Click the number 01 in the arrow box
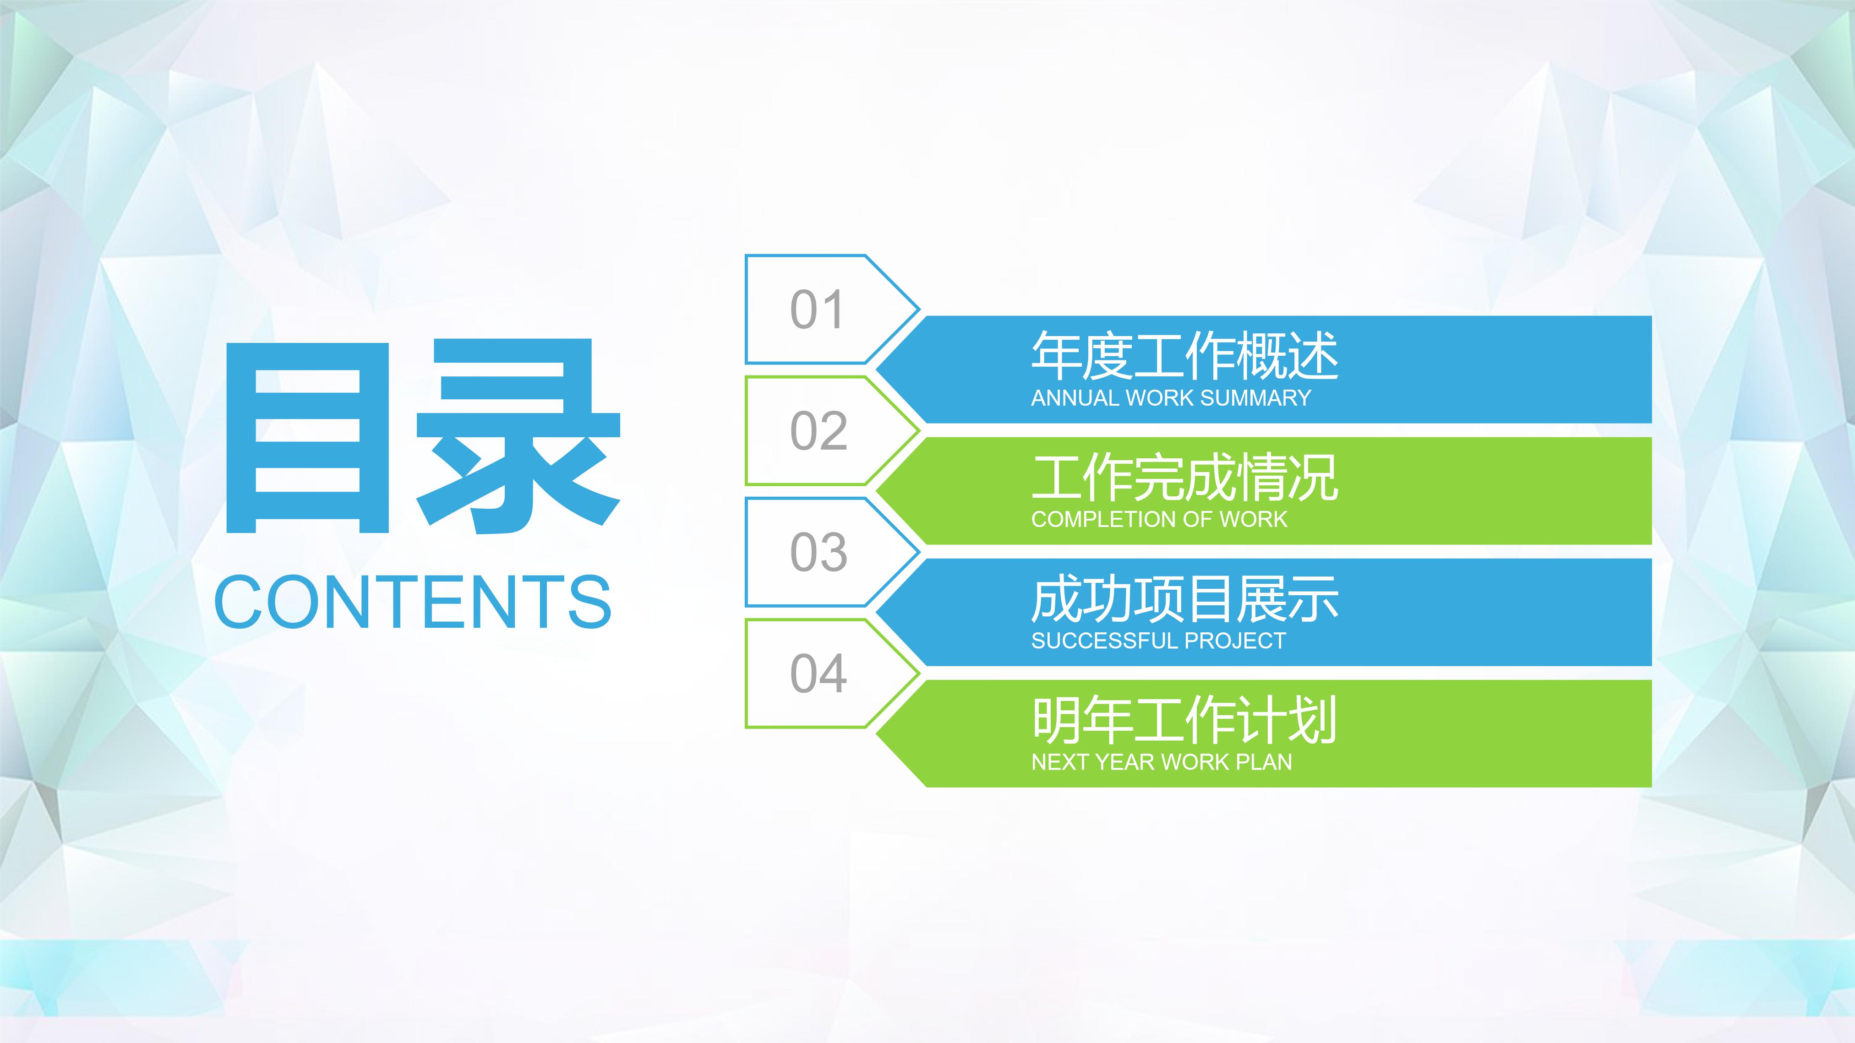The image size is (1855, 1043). (x=817, y=310)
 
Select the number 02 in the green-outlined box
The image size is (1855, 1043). (x=818, y=431)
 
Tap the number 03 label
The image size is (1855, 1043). (x=818, y=552)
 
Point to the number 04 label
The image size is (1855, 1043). (x=818, y=674)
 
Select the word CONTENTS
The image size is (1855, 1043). (x=413, y=602)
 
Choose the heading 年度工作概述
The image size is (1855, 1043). (x=1184, y=356)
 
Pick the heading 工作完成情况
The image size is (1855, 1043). (x=1184, y=477)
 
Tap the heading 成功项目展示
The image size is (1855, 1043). (x=1184, y=599)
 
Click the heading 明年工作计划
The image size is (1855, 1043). (x=1184, y=720)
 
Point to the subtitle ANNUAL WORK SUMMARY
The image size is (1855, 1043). (x=1171, y=398)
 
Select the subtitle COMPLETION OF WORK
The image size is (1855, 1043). (x=1159, y=519)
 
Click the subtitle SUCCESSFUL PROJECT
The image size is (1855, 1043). (x=1158, y=641)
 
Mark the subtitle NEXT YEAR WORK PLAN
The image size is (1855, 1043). (x=1162, y=761)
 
